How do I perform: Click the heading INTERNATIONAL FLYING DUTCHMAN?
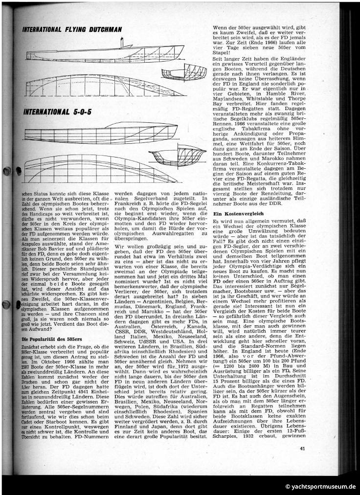pyautogui.click(x=71, y=30)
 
